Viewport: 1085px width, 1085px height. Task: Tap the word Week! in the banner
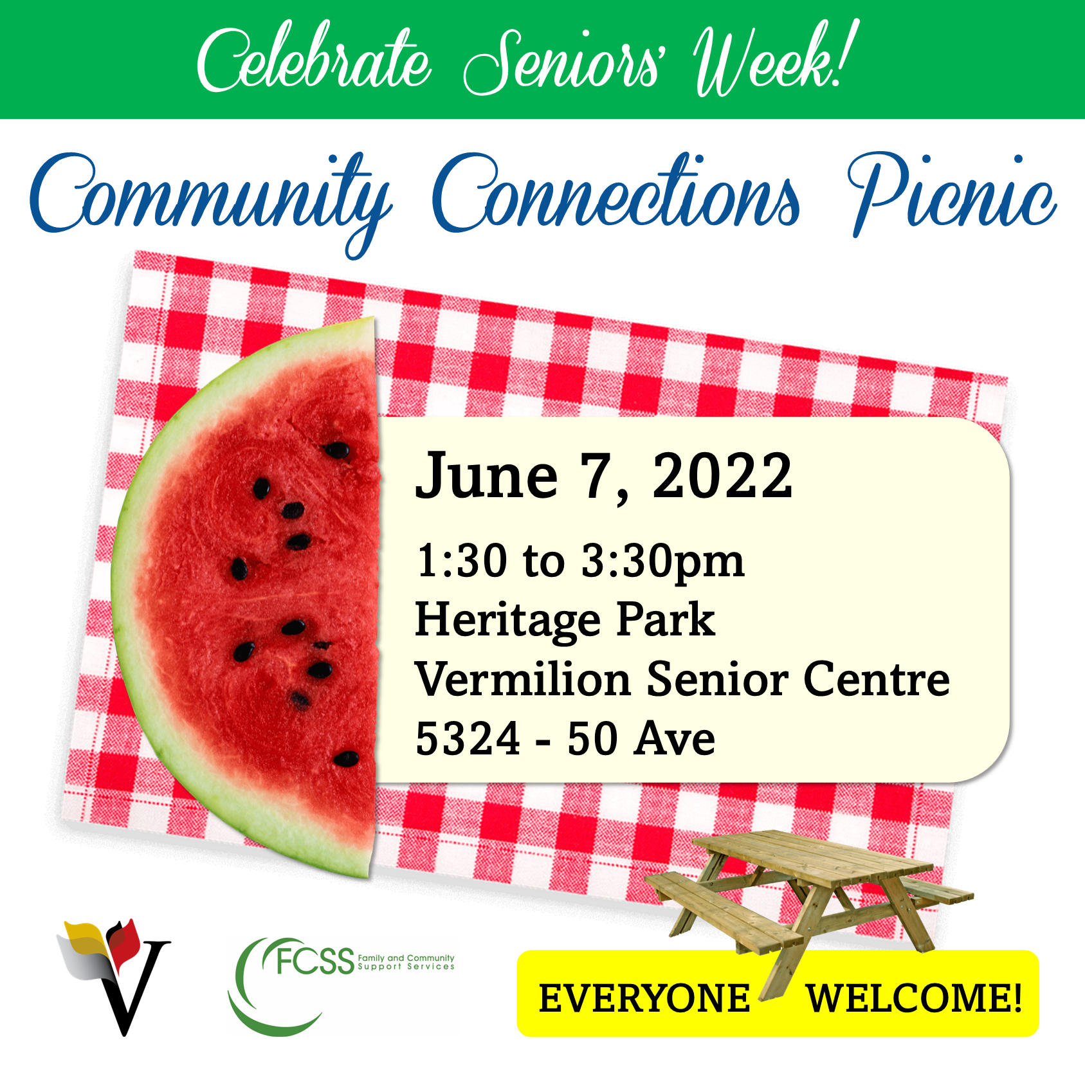click(776, 59)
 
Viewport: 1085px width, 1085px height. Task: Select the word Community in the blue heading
click(211, 199)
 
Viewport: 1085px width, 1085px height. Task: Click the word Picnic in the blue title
click(952, 193)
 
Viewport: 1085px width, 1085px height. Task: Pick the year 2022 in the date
click(722, 475)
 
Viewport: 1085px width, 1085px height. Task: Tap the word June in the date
click(487, 475)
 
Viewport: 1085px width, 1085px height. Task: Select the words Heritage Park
click(565, 621)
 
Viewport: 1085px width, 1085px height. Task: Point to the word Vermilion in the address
click(523, 679)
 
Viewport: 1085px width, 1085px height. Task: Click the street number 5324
click(468, 738)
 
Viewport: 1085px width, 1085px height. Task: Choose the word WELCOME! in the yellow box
click(914, 998)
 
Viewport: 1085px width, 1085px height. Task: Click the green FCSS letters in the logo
click(315, 961)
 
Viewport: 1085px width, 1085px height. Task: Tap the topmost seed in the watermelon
click(336, 450)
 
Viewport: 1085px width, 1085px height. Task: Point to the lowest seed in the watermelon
click(347, 759)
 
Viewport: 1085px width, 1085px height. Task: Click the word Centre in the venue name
click(877, 679)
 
